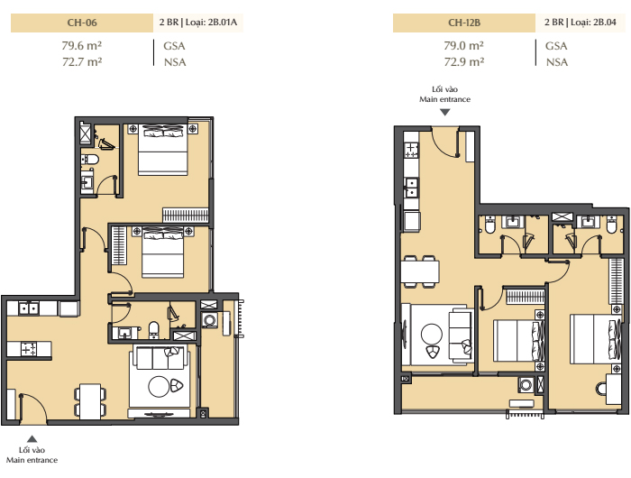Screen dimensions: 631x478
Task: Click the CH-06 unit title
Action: pyautogui.click(x=82, y=23)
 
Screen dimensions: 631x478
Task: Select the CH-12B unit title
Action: pyautogui.click(x=464, y=23)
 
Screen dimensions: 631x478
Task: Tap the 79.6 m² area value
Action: pyautogui.click(x=82, y=45)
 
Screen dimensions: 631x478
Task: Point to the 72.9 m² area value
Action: pyautogui.click(x=464, y=62)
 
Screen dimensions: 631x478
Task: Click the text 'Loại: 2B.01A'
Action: pyautogui.click(x=211, y=23)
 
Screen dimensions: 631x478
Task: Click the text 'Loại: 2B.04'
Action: pyautogui.click(x=593, y=23)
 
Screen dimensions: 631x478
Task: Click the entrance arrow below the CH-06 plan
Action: pyautogui.click(x=32, y=439)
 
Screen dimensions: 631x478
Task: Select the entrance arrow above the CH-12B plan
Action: pyautogui.click(x=444, y=113)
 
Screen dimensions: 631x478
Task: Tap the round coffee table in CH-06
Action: pyautogui.click(x=159, y=386)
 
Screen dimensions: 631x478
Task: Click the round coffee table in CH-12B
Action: pyautogui.click(x=432, y=334)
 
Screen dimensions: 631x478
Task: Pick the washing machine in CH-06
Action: pyautogui.click(x=209, y=320)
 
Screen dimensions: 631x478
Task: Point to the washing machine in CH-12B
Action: pyautogui.click(x=526, y=384)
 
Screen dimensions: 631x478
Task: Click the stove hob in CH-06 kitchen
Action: pyautogui.click(x=29, y=349)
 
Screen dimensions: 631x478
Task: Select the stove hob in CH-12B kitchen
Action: pyautogui.click(x=411, y=151)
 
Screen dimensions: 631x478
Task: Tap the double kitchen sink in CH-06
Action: pyautogui.click(x=29, y=308)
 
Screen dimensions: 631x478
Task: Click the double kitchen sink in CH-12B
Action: pyautogui.click(x=411, y=188)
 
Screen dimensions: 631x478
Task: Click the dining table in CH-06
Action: pyautogui.click(x=90, y=401)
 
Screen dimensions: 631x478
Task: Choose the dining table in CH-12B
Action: pyautogui.click(x=420, y=271)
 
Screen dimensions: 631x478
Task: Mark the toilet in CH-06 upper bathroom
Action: pyautogui.click(x=90, y=160)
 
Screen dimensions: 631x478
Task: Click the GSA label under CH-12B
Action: pyautogui.click(x=556, y=46)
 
